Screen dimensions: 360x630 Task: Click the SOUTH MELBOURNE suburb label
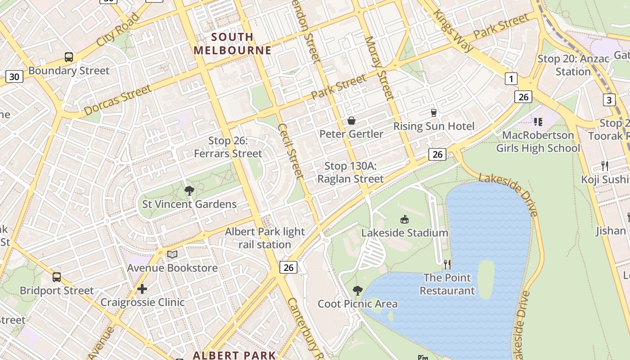tap(233, 44)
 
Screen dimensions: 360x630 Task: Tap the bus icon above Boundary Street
tap(69, 57)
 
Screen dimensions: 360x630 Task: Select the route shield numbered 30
tap(14, 76)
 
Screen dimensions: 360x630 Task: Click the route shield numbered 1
tap(511, 79)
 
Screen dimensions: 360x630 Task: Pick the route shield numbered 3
tap(609, 100)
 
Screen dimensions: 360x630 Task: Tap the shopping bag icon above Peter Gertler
tap(351, 121)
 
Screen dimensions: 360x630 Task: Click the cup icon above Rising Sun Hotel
tap(434, 112)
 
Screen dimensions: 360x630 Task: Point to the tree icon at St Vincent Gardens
tap(189, 191)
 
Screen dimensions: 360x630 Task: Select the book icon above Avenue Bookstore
tap(172, 255)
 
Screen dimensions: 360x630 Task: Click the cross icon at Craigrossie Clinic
tap(142, 288)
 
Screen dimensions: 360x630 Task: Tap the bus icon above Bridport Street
tap(57, 277)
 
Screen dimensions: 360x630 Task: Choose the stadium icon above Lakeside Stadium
tap(405, 219)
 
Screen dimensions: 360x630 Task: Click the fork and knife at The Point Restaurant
tap(447, 264)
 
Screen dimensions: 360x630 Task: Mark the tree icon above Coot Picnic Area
tap(358, 291)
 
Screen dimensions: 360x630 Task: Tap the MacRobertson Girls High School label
tap(538, 141)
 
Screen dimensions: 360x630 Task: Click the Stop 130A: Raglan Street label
tap(351, 172)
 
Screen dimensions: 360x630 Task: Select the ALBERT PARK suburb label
tap(234, 355)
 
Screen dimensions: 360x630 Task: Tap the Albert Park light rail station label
tap(265, 238)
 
